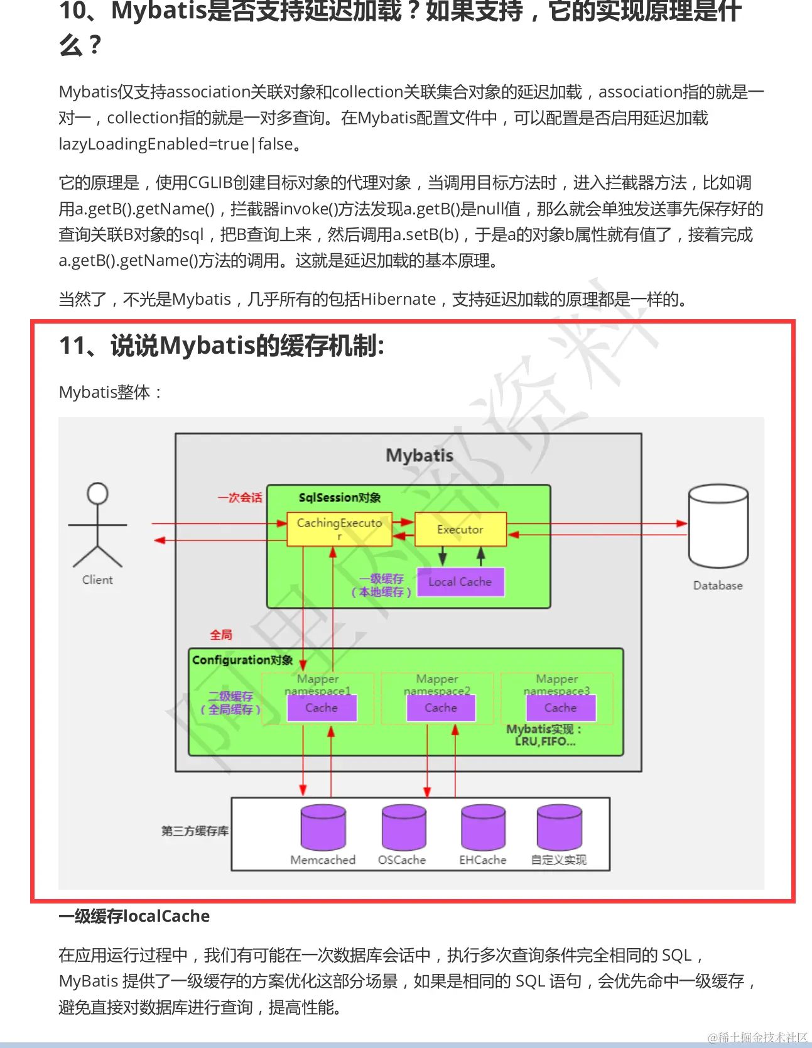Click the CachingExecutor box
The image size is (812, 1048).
(339, 529)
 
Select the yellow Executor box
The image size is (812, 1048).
(460, 529)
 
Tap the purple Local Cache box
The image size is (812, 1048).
(460, 582)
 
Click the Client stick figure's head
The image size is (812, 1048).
(97, 493)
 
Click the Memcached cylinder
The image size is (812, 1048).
(323, 827)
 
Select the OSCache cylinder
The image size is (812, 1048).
(404, 827)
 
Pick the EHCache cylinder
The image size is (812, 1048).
(483, 827)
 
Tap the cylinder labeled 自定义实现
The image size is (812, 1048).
(559, 827)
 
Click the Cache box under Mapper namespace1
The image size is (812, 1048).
(322, 708)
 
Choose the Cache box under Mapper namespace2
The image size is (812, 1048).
(441, 708)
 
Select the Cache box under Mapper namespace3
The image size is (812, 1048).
(560, 708)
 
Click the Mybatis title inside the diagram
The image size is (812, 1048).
(420, 456)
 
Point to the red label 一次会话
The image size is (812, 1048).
(240, 498)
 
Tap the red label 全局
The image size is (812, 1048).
(221, 635)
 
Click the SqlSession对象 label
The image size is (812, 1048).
(340, 498)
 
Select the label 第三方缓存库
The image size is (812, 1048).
(195, 831)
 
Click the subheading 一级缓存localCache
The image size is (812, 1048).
(134, 916)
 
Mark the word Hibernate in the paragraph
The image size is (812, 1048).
(398, 299)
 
